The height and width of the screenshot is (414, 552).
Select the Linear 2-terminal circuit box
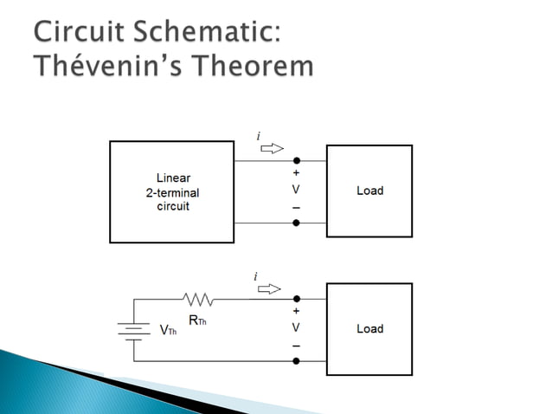[x=172, y=191]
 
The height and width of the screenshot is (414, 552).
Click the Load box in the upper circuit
[x=369, y=191]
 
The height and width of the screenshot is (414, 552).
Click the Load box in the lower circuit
[x=369, y=329]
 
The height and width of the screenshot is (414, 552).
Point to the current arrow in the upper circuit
[x=272, y=148]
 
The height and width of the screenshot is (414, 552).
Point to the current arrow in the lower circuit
[x=271, y=288]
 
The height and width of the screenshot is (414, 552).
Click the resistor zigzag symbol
[x=198, y=300]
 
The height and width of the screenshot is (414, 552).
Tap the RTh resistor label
[x=197, y=320]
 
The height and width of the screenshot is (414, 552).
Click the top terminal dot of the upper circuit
[x=296, y=161]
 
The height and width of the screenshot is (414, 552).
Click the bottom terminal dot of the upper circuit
[x=296, y=223]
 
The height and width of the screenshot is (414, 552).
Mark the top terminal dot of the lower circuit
[x=296, y=299]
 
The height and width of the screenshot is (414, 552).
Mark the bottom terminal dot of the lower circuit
[x=296, y=360]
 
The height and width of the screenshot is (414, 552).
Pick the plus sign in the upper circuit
[x=296, y=172]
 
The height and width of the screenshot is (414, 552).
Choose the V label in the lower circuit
[x=296, y=328]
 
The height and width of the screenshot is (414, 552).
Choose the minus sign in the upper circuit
[x=296, y=209]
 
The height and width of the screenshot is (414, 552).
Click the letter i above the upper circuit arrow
[x=258, y=136]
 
